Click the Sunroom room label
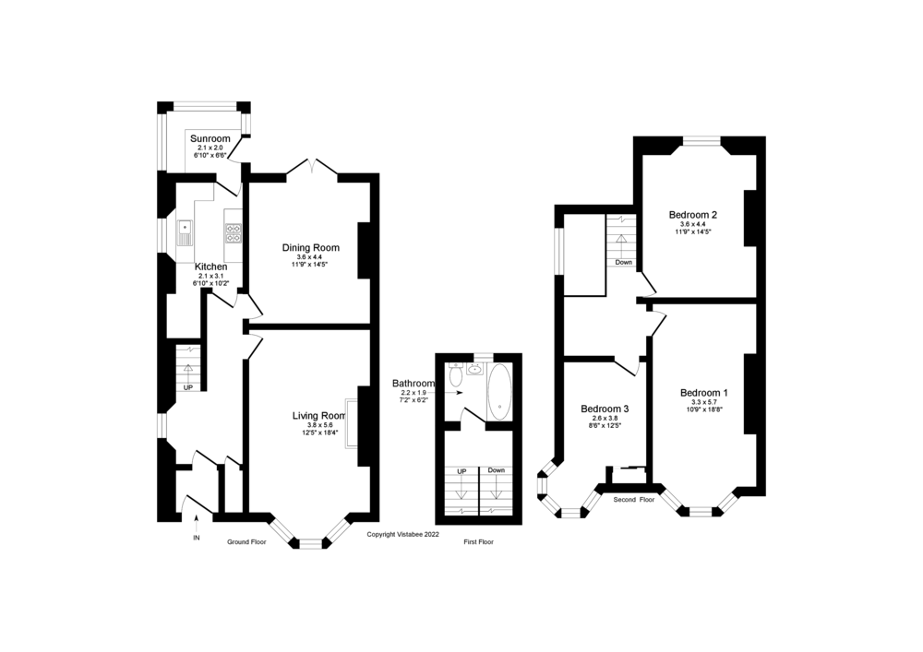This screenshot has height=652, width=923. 210,139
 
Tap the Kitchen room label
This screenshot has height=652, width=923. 210,267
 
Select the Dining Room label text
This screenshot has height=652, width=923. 310,247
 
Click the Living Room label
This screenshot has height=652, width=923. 318,416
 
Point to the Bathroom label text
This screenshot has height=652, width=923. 413,383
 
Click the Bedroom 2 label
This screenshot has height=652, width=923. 693,214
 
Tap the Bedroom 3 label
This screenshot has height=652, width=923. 605,409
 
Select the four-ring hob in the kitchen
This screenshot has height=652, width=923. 234,231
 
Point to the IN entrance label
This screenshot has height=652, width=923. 196,537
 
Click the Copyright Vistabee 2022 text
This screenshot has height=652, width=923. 403,534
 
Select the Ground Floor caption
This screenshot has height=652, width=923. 246,542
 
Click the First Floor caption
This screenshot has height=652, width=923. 478,542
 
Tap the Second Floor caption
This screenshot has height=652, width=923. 634,499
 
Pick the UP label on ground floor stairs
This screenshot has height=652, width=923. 188,387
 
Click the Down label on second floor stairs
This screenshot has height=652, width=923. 623,262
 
